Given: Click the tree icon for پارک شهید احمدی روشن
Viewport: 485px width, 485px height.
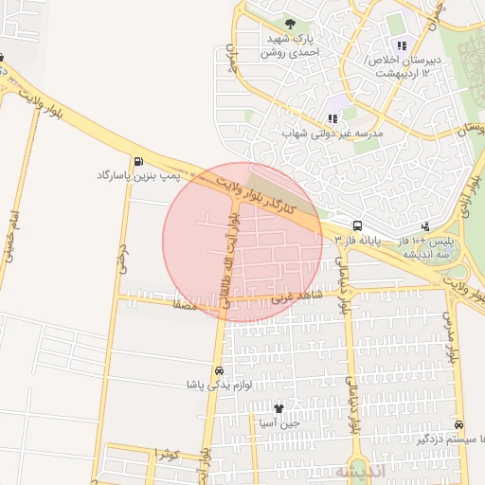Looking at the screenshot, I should (290, 24).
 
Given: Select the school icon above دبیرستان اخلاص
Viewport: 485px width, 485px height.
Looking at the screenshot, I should (402, 45).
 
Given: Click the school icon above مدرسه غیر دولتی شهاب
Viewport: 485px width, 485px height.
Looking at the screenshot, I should (332, 118).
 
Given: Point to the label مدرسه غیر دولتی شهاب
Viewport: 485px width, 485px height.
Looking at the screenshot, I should (332, 135).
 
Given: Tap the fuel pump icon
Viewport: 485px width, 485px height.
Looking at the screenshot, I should (140, 160).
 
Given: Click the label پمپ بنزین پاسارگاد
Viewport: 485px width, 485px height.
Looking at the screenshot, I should (135, 176).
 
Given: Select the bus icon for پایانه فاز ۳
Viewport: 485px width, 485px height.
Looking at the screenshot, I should (357, 225).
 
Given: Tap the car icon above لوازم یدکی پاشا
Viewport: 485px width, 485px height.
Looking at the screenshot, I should (220, 370).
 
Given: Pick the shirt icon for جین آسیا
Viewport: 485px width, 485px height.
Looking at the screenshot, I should (278, 408).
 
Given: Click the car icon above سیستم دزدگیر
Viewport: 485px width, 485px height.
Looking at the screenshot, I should (459, 425).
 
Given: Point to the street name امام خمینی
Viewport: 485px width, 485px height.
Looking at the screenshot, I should (10, 236).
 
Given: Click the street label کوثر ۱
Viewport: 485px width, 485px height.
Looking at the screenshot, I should (166, 454).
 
